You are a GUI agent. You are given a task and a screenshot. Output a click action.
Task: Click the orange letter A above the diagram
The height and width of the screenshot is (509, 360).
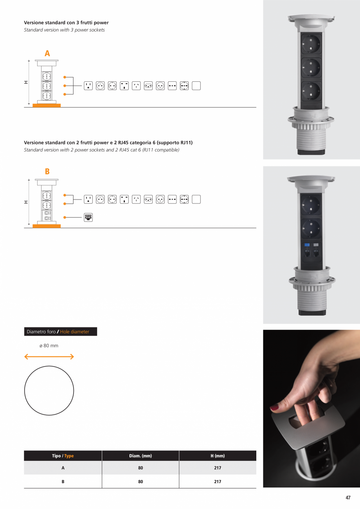[47, 54]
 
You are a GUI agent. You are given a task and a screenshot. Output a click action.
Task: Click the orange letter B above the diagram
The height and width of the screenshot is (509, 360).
[47, 171]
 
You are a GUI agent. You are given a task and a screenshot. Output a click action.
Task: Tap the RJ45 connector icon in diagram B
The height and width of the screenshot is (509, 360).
[88, 218]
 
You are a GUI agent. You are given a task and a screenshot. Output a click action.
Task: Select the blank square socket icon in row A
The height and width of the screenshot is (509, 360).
[196, 86]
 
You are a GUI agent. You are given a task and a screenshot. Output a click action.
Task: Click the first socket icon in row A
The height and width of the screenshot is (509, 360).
[88, 86]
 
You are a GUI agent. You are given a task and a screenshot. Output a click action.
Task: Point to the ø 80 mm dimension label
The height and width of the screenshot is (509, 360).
[49, 345]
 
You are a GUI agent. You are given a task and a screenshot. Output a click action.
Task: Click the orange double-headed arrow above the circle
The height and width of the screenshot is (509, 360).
[49, 356]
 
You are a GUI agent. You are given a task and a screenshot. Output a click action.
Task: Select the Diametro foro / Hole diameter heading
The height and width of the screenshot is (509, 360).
[60, 332]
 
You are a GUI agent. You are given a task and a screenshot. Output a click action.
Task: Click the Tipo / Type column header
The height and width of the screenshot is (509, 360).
[63, 456]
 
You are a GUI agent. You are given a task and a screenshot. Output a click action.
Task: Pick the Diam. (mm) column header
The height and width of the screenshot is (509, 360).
[140, 456]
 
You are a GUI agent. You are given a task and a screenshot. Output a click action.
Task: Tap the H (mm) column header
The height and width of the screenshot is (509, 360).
[218, 456]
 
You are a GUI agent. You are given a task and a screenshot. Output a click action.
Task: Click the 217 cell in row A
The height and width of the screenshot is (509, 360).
[218, 468]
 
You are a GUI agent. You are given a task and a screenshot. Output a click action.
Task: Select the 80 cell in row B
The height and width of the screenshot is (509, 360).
[140, 482]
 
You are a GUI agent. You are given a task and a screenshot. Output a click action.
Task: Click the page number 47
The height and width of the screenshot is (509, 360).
[348, 498]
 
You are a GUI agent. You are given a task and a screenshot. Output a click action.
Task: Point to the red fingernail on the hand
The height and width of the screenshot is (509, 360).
[275, 407]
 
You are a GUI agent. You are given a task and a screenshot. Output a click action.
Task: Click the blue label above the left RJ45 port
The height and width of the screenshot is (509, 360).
[306, 245]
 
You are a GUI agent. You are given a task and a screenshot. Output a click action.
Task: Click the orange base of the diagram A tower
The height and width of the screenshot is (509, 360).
[47, 105]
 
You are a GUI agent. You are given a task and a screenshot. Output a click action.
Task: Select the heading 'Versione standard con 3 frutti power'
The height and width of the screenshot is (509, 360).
[66, 23]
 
